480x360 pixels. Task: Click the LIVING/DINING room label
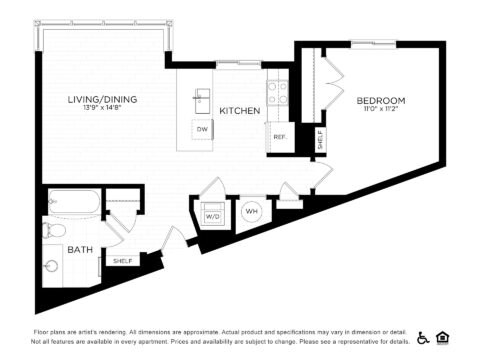coord(102,99)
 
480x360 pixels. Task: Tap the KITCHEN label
coord(240,110)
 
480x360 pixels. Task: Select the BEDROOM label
coord(381,100)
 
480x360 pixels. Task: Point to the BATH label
coord(79,249)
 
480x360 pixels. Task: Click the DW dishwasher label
coord(202,129)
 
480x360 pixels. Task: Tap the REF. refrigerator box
coord(279,137)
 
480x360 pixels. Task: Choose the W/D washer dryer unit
coord(213,215)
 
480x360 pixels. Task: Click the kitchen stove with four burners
coord(277,93)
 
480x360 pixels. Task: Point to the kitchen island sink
coord(203,97)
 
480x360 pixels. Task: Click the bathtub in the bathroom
coord(73,204)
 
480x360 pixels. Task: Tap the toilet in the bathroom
coord(52,231)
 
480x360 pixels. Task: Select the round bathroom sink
coord(51,267)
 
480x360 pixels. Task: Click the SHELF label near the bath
coord(122,261)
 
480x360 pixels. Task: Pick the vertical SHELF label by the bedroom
coord(319,139)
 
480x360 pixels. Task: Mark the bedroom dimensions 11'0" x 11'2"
coord(381,109)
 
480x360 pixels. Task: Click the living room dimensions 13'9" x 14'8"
coord(102,108)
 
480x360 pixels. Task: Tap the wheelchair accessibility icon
coord(423,337)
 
